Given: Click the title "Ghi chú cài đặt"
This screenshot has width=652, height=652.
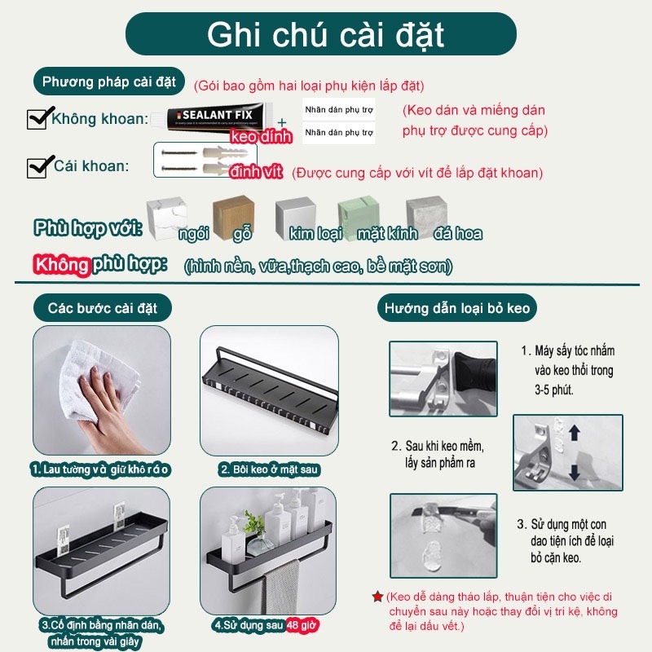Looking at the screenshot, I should (325, 36).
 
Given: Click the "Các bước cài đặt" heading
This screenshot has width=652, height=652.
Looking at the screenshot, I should (103, 309).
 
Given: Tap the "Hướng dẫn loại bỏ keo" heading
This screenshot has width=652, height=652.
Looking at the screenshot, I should (457, 309).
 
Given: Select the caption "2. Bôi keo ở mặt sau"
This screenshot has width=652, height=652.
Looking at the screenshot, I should (269, 469).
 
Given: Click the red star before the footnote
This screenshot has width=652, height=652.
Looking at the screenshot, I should (377, 597).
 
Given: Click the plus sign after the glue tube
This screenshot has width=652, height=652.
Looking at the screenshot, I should (281, 123).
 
